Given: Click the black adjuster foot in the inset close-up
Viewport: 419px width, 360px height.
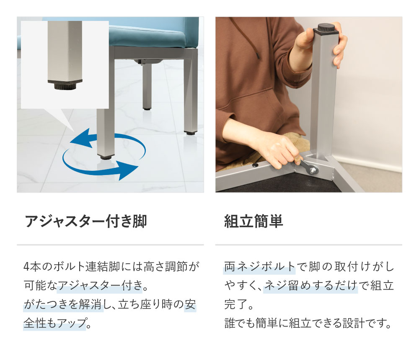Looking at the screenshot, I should click(x=65, y=85).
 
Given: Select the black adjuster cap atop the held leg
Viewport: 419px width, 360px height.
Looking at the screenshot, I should click(x=326, y=29).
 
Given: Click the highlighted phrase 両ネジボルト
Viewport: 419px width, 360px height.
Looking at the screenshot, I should click(x=260, y=267).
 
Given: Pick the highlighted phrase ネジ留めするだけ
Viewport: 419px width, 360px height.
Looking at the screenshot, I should click(x=310, y=286).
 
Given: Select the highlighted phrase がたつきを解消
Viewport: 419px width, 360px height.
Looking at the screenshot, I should click(x=63, y=305).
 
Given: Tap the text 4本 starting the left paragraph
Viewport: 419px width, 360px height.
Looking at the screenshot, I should click(x=31, y=267).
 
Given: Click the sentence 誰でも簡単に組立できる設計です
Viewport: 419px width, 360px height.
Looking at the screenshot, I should click(x=308, y=324).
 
